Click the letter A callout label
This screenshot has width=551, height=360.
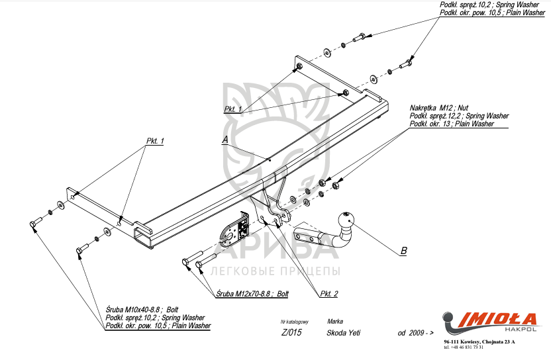point(225,140)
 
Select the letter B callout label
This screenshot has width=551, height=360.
point(403,250)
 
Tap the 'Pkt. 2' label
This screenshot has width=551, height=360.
point(329,293)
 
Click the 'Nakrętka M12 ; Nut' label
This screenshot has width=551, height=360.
point(438,107)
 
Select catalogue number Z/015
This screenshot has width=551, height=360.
point(291,333)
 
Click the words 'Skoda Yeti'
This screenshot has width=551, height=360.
point(344,333)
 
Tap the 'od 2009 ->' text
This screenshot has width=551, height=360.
point(415,333)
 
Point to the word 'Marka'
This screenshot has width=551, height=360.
point(335,321)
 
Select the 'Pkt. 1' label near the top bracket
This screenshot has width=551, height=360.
point(233,109)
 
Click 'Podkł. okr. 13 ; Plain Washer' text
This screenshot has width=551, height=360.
point(452,124)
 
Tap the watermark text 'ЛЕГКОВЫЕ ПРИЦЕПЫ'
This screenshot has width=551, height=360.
point(275,271)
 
